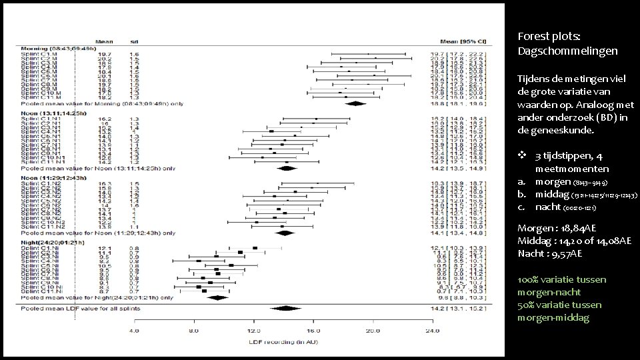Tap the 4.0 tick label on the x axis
(x=134, y=331)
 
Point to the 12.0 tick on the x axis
(x=254, y=331)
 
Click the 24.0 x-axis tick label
(x=433, y=331)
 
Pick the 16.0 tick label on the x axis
(x=314, y=331)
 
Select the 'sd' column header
(x=133, y=41)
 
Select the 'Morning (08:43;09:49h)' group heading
(x=59, y=48)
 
